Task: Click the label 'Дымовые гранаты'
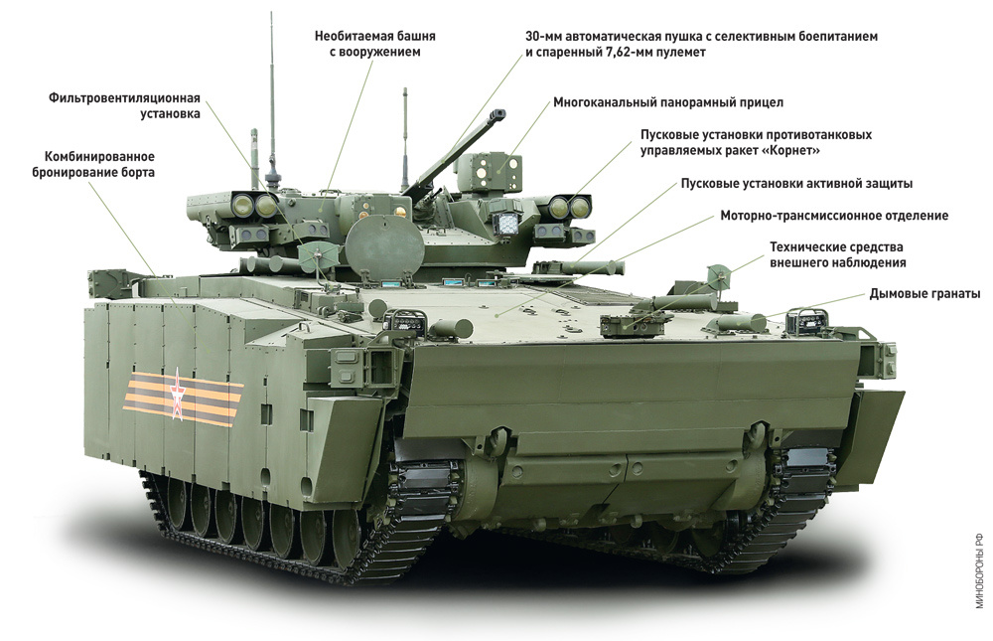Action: click(x=924, y=293)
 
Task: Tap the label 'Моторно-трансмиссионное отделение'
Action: click(x=834, y=216)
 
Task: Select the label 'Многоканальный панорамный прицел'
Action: click(x=668, y=102)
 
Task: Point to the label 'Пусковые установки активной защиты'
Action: click(x=796, y=183)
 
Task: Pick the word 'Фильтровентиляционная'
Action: click(x=124, y=98)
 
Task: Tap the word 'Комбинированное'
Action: click(x=99, y=156)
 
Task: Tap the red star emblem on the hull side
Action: click(x=178, y=395)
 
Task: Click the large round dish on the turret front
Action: click(x=384, y=246)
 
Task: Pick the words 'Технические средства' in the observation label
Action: click(x=836, y=246)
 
